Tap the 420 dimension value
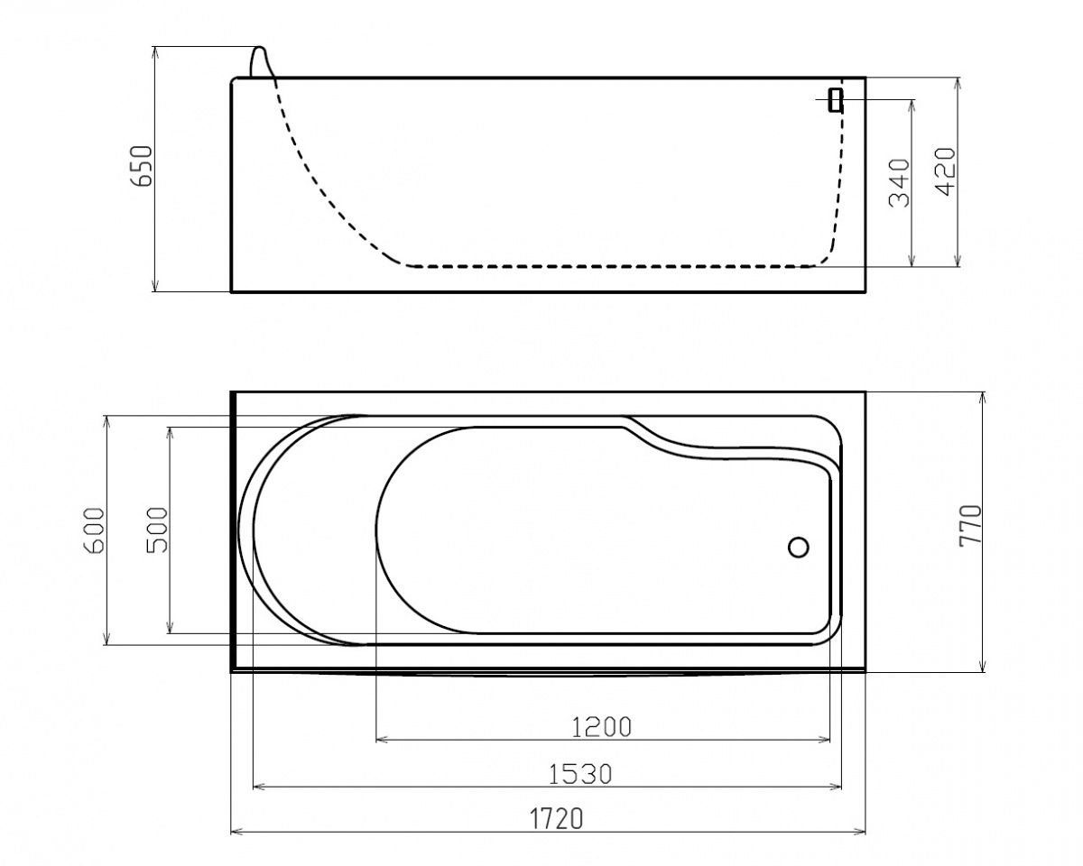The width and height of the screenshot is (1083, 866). pos(944,171)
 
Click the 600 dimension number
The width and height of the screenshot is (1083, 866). pos(95,530)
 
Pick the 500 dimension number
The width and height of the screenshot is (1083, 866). pos(156,530)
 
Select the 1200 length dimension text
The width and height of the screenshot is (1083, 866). pos(601,727)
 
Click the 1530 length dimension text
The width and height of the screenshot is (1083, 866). pos(579,774)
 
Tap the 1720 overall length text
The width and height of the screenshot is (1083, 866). pos(557,819)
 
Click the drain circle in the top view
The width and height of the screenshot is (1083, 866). pos(798,547)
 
